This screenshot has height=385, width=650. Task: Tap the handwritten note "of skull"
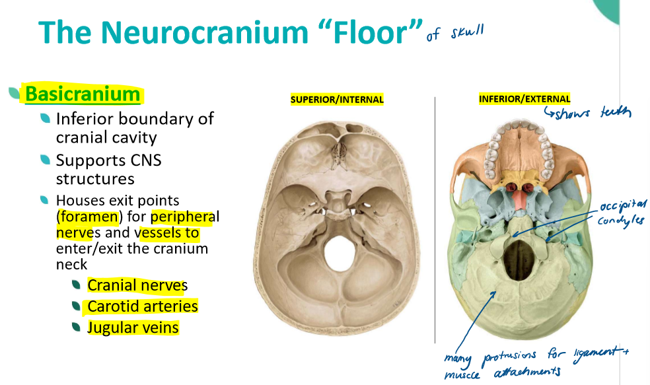(x=454, y=32)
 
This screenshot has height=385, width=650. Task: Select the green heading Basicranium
(x=83, y=94)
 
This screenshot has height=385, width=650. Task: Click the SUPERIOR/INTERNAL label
(x=337, y=100)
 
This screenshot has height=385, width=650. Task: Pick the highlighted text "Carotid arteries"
(x=142, y=306)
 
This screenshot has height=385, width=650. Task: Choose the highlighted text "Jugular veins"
(x=133, y=328)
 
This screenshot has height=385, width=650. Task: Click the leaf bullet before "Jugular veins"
(x=77, y=327)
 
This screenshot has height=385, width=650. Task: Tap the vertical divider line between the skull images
(x=435, y=218)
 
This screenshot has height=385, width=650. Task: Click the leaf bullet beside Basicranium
(x=14, y=94)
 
